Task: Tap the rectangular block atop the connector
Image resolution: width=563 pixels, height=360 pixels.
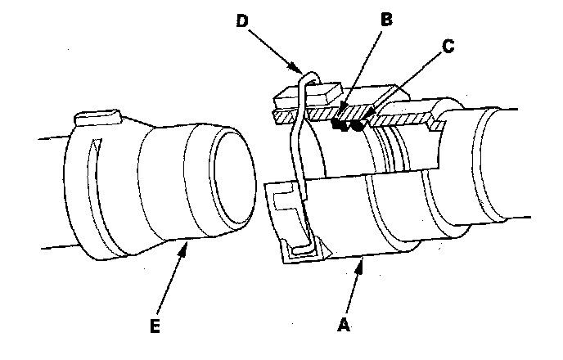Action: click(x=308, y=97)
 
